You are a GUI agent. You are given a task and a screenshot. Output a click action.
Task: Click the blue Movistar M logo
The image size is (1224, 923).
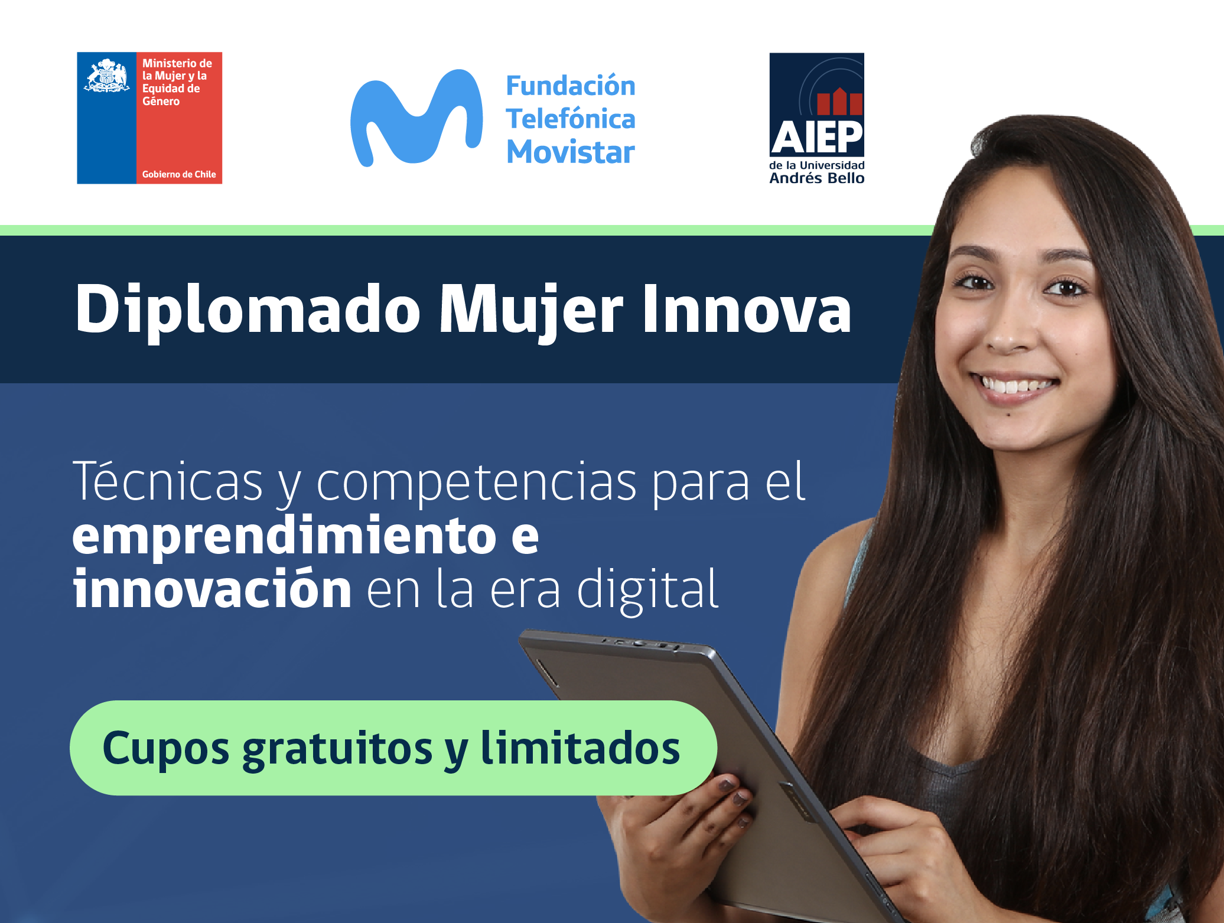[416, 118]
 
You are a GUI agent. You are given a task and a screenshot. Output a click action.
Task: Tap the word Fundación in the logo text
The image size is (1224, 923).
[571, 86]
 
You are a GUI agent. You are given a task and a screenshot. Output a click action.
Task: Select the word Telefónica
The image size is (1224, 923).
[571, 119]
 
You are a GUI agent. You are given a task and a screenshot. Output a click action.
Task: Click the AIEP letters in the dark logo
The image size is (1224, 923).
[817, 138]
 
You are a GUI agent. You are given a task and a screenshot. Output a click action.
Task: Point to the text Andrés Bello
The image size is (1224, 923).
[817, 178]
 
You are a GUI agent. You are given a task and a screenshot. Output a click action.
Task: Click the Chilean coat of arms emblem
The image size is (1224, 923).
[107, 76]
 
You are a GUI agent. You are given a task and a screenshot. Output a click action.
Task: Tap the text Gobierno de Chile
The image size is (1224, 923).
[179, 174]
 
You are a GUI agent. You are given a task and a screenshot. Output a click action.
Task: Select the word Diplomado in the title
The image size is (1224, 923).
[248, 311]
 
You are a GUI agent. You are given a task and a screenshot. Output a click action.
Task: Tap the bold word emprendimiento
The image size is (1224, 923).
[284, 536]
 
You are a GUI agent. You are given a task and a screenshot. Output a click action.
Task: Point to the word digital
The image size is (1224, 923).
[647, 589]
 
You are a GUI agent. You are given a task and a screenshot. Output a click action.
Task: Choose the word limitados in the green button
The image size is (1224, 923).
[580, 747]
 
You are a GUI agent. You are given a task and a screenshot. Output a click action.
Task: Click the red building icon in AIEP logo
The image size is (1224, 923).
[840, 101]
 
